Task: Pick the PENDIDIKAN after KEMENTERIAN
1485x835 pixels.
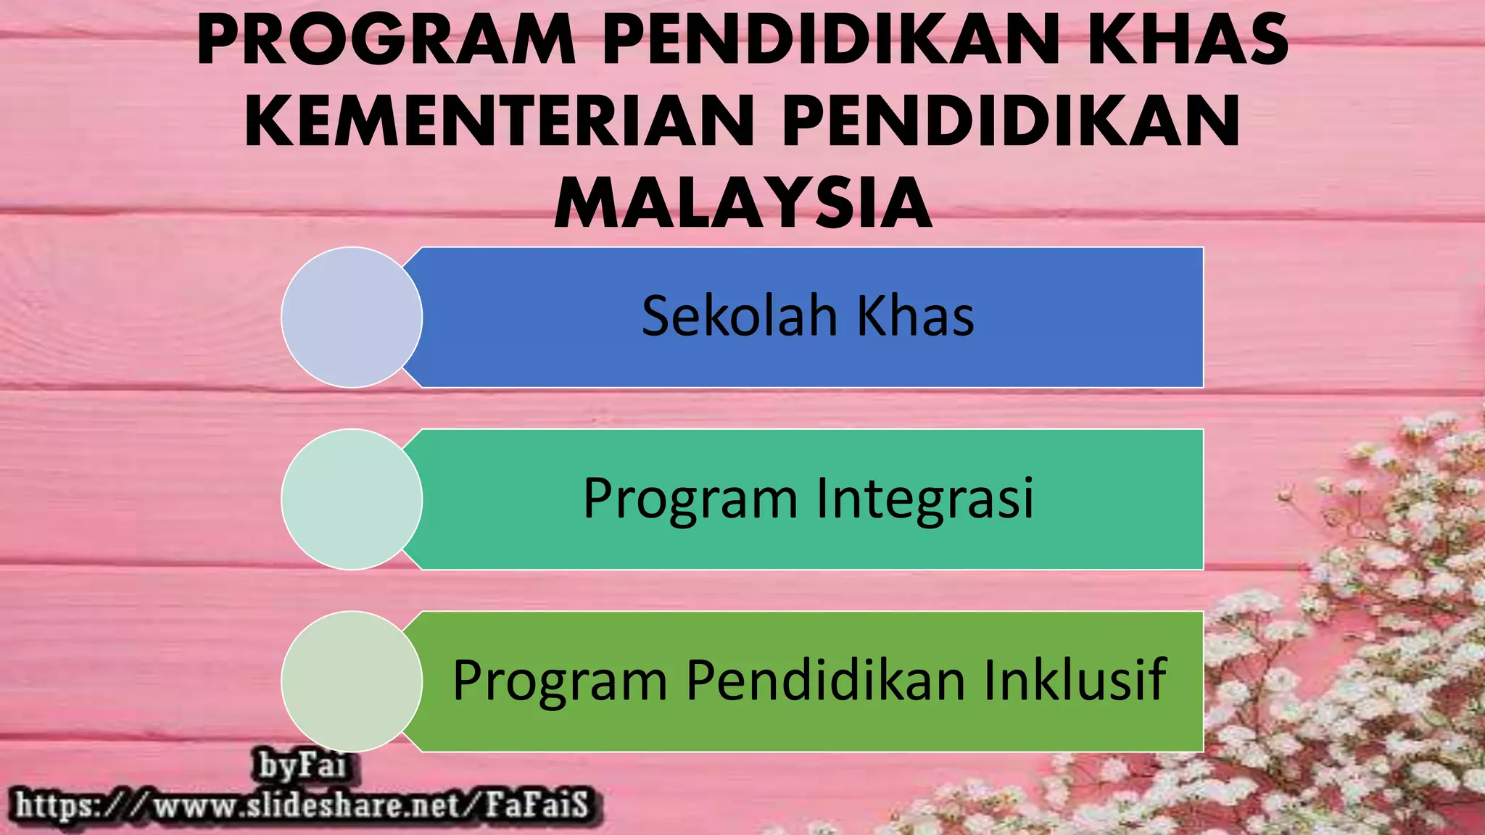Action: tap(1012, 121)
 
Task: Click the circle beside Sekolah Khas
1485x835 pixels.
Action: tap(352, 317)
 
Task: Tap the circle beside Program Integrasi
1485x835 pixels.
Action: tap(352, 499)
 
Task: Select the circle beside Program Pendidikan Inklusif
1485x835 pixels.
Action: tap(352, 681)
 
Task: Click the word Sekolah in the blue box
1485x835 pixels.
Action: tap(739, 317)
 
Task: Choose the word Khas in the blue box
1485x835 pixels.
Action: tap(915, 317)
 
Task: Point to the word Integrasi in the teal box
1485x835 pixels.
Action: tap(925, 499)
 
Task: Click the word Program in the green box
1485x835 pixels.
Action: tap(559, 682)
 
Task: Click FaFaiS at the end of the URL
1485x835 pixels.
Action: tap(536, 805)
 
